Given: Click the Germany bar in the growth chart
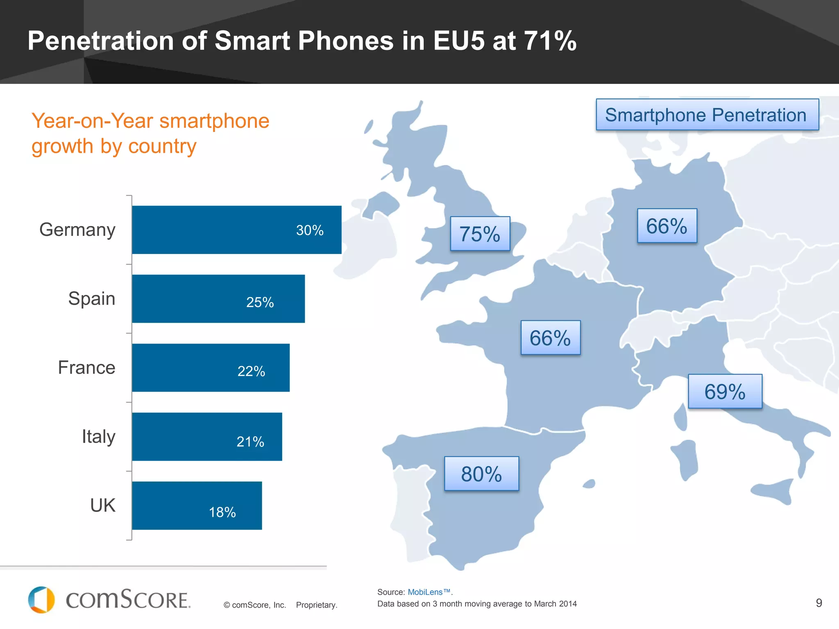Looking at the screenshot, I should (236, 230).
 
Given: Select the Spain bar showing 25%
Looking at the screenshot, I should (218, 299).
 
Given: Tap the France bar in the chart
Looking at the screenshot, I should (211, 367).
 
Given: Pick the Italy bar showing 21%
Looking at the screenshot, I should (207, 437).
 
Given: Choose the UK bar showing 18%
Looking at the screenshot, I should (197, 505).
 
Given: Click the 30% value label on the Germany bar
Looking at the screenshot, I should (310, 230).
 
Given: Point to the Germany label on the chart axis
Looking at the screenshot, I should (77, 230).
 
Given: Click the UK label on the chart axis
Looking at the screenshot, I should (103, 505).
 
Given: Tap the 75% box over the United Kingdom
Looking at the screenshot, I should (480, 234).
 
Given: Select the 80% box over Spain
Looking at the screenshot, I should (481, 474).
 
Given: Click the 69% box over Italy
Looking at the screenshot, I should (725, 391).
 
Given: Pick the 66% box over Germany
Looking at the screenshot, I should (667, 226).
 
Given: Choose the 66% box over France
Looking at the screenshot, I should (550, 338).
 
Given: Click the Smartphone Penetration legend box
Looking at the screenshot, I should (707, 115).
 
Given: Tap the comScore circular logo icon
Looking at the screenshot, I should (41, 600).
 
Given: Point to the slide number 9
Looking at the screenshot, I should (819, 603).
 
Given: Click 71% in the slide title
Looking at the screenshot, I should (550, 41).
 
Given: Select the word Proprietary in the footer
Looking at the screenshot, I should (316, 605).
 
